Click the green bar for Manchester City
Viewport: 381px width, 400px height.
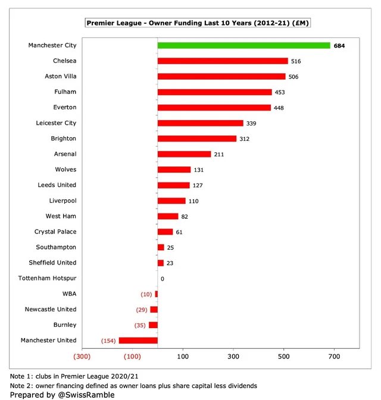click(243, 45)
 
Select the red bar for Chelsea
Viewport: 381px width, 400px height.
click(223, 61)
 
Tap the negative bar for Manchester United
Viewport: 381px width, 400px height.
click(138, 340)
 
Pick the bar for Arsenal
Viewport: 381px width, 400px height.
click(184, 154)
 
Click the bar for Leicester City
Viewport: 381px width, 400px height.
click(200, 123)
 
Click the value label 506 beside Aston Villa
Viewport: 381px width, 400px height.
click(293, 77)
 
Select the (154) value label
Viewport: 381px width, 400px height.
click(107, 341)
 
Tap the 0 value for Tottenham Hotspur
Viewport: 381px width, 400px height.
click(162, 278)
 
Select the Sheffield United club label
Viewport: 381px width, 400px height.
click(53, 262)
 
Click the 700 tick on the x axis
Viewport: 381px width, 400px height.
click(334, 357)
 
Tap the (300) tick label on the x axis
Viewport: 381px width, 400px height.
click(82, 357)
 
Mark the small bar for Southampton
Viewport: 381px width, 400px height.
click(161, 247)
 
